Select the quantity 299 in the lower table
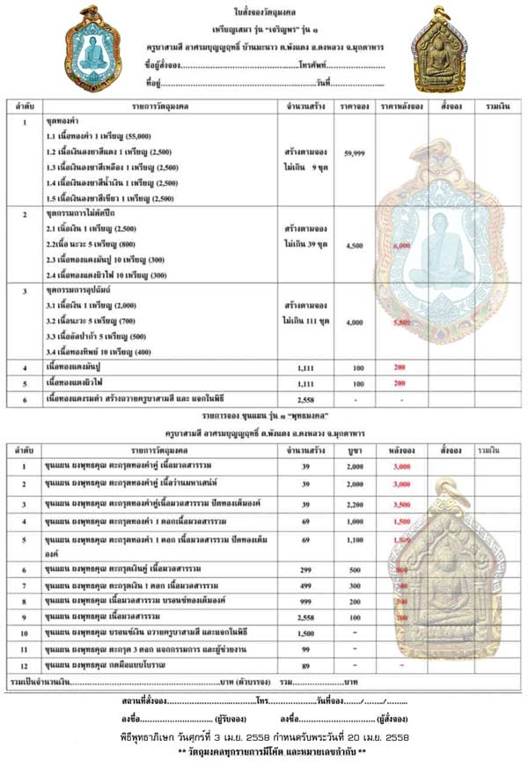(x=308, y=571)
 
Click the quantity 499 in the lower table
(x=308, y=585)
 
